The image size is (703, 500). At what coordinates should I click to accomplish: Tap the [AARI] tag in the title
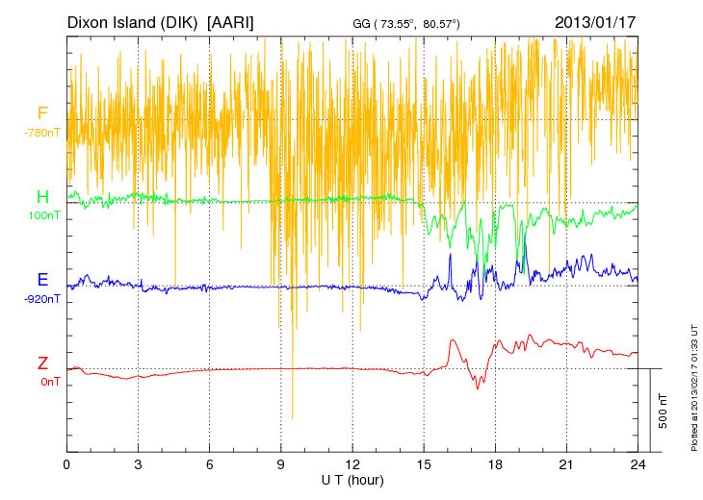coord(231,21)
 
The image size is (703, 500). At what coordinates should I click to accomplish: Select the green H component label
coord(42,197)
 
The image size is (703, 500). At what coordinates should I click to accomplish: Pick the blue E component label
coord(42,280)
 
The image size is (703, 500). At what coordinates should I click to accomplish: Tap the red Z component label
coord(42,362)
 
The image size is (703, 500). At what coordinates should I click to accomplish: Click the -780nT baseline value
coord(42,133)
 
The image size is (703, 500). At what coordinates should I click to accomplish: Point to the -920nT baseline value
coord(42,298)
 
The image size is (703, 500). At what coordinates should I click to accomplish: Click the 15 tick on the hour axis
coord(424,463)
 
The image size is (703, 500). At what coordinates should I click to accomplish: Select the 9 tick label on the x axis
coord(281,463)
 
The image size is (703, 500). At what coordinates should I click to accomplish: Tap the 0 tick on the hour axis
coord(66,463)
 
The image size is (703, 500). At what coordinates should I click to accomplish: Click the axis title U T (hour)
coord(351,479)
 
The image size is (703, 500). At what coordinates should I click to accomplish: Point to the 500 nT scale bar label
coord(663,411)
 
